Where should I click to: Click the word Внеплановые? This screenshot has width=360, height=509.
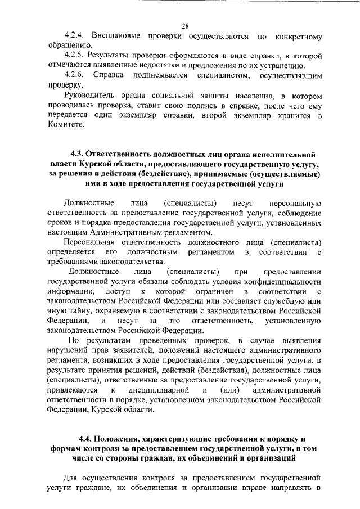119,37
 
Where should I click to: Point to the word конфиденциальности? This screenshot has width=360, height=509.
285,281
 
